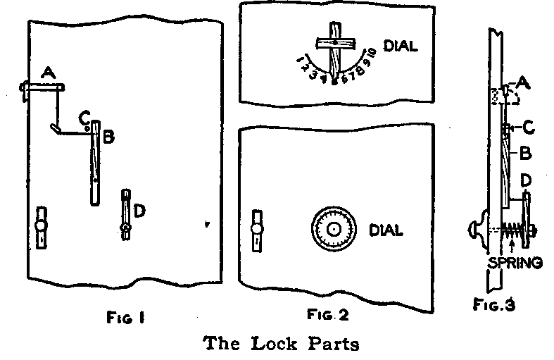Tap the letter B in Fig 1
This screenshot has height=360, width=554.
click(x=108, y=137)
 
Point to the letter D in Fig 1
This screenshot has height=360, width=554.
click(x=139, y=210)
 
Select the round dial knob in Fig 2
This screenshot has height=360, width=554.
click(x=330, y=229)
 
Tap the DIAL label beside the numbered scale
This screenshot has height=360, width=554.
click(x=401, y=46)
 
